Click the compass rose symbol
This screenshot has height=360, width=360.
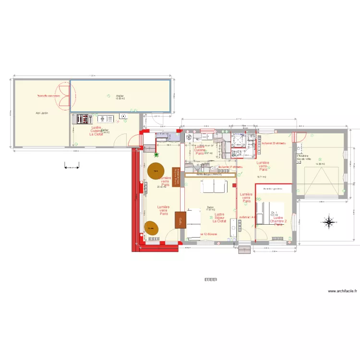point(329,222)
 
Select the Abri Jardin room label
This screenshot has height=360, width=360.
point(42,113)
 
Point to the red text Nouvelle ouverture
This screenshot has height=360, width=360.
point(48,96)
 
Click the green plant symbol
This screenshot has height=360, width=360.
point(156,154)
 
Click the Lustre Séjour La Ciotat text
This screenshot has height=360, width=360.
point(219,218)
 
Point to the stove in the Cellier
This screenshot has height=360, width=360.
point(80,118)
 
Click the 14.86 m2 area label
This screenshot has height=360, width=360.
point(320,164)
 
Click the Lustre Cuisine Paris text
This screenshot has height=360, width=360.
point(199,150)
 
